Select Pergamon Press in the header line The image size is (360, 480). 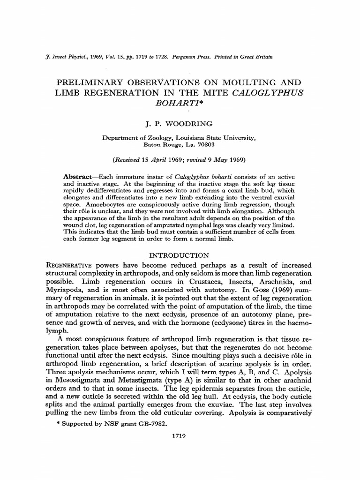pos(190,56)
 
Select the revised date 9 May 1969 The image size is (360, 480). pos(205,158)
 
